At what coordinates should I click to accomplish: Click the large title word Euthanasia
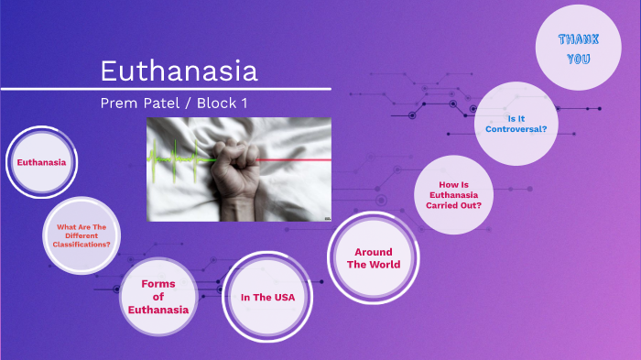(179, 71)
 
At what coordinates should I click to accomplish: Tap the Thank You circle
(578, 49)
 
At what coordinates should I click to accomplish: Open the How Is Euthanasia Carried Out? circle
(453, 194)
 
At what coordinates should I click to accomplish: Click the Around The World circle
(373, 257)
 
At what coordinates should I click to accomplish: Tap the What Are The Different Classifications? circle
(84, 235)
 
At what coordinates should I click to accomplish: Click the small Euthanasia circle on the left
(41, 163)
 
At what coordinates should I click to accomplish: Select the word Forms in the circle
(158, 284)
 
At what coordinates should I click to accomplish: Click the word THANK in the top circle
(578, 39)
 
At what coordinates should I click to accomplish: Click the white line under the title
(165, 89)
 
